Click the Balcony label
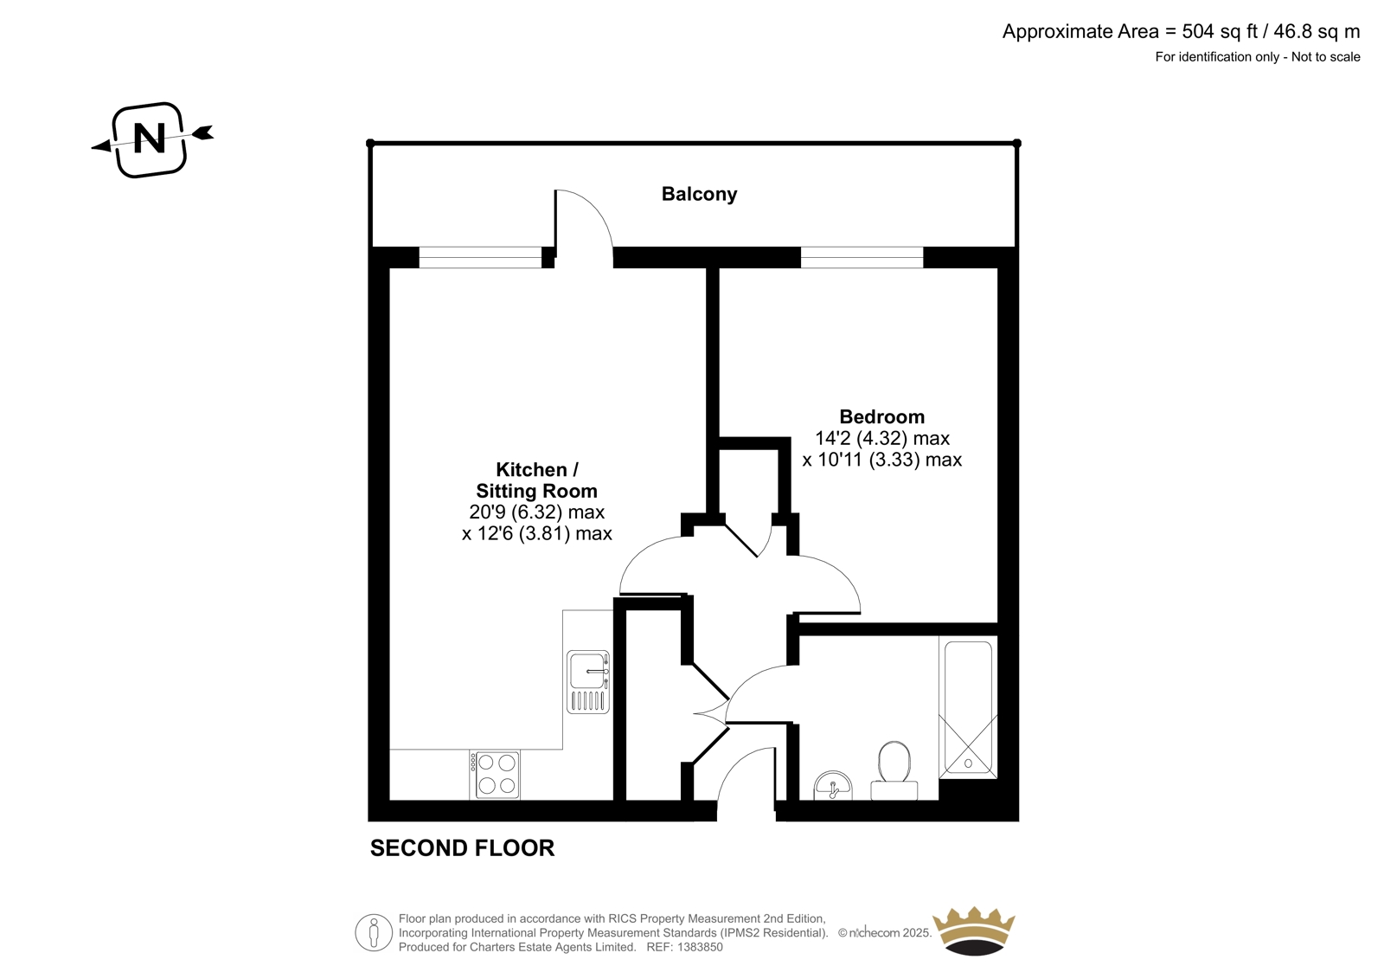tap(699, 194)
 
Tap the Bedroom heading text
tap(881, 416)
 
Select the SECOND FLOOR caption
tap(462, 848)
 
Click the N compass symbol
tap(151, 139)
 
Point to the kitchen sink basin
tap(588, 670)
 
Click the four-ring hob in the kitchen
tap(495, 774)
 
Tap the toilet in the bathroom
tap(894, 770)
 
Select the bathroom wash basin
tap(833, 786)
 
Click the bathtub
tap(968, 707)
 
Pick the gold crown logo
tap(974, 931)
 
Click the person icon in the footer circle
tap(373, 932)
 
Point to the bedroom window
tap(862, 257)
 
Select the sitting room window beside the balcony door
tap(480, 257)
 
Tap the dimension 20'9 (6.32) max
tap(536, 512)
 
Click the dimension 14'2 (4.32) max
tap(881, 438)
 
